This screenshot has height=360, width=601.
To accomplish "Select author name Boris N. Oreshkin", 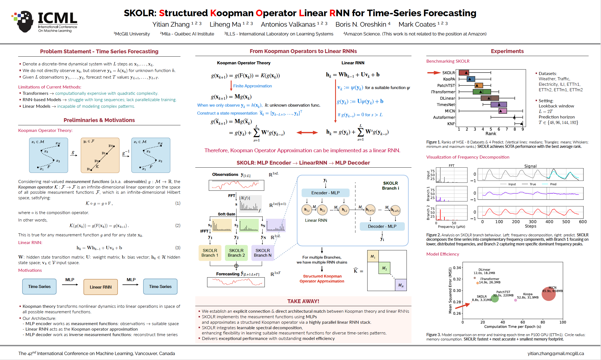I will tap(361, 24).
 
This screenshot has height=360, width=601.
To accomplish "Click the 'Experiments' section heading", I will tap(507, 51).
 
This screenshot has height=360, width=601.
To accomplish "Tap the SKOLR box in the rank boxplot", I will tap(464, 73).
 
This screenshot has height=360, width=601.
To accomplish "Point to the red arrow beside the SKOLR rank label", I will tap(434, 73).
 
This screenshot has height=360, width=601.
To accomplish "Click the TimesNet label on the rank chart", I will tap(446, 104).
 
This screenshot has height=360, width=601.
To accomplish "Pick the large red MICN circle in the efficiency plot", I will tap(549, 294).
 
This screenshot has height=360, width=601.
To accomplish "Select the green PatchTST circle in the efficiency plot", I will tap(495, 298).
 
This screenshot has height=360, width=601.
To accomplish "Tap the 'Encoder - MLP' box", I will tap(325, 193).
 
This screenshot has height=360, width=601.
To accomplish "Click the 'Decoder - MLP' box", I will tap(382, 226).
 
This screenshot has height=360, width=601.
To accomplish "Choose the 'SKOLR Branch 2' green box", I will tap(236, 253).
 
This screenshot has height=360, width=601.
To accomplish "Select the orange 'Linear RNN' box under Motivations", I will tap(101, 287).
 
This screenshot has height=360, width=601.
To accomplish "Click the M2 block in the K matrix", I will tap(384, 268).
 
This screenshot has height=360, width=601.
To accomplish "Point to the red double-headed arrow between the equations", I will tap(307, 133).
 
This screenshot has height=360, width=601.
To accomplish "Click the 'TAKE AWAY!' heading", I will tap(303, 301).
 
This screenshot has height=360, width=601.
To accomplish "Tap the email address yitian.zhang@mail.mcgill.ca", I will tap(555, 353).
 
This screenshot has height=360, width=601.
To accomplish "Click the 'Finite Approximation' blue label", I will tap(252, 86).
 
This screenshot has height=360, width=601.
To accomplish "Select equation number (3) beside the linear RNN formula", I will tap(178, 248).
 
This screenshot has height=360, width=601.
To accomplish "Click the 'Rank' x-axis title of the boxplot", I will tap(491, 134).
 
